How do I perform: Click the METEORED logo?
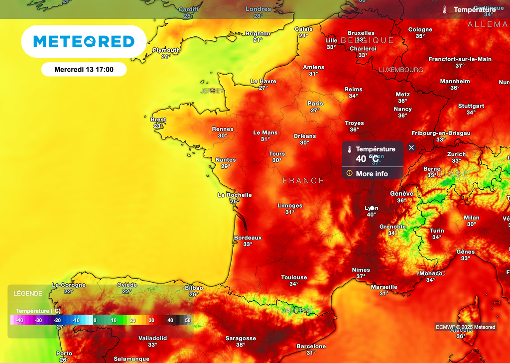pyautogui.click(x=84, y=41)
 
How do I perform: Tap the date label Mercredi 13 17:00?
pyautogui.click(x=84, y=69)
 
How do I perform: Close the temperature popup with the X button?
pyautogui.click(x=411, y=147)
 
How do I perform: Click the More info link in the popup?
pyautogui.click(x=372, y=174)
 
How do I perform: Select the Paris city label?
pyautogui.click(x=315, y=104)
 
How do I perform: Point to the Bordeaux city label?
pyautogui.click(x=248, y=238)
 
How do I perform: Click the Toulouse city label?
pyautogui.click(x=294, y=277)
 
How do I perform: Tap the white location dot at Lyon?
pyautogui.click(x=372, y=208)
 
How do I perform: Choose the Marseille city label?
pyautogui.click(x=384, y=287)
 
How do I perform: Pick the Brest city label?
pyautogui.click(x=158, y=120)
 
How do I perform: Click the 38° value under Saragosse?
pyautogui.click(x=241, y=345)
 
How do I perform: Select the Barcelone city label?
pyautogui.click(x=311, y=346)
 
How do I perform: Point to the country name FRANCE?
pyautogui.click(x=303, y=181)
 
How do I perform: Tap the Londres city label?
pyautogui.click(x=258, y=9)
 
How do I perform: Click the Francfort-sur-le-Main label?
pyautogui.click(x=460, y=59)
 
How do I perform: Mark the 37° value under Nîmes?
pyautogui.click(x=361, y=276)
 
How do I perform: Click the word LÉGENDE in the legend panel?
pyautogui.click(x=28, y=293)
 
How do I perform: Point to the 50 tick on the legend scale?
pyautogui.click(x=187, y=320)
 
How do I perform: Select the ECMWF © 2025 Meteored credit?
pyautogui.click(x=465, y=327)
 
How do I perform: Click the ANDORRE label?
pyautogui.click(x=297, y=310)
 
